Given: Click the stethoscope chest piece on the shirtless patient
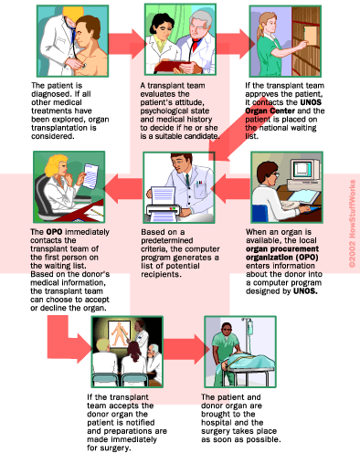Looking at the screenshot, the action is [x=83, y=66].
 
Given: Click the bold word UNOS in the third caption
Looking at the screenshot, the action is [x=311, y=102].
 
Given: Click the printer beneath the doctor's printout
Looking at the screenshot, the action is [x=164, y=211].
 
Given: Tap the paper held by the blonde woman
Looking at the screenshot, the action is [x=90, y=175].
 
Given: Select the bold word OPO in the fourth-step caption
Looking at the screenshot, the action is [x=54, y=232].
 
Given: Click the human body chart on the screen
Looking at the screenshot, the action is [x=120, y=334].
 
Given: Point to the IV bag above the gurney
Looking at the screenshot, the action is [x=250, y=327].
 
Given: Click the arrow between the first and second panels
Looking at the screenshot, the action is [x=126, y=44].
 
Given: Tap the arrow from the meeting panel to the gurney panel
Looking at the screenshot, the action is [x=186, y=349].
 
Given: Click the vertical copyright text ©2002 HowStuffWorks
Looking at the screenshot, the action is [x=353, y=224].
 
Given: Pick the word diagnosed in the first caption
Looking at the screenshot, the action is [x=50, y=94].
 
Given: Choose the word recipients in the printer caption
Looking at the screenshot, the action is [x=160, y=274].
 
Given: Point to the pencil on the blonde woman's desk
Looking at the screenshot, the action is [x=97, y=211].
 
